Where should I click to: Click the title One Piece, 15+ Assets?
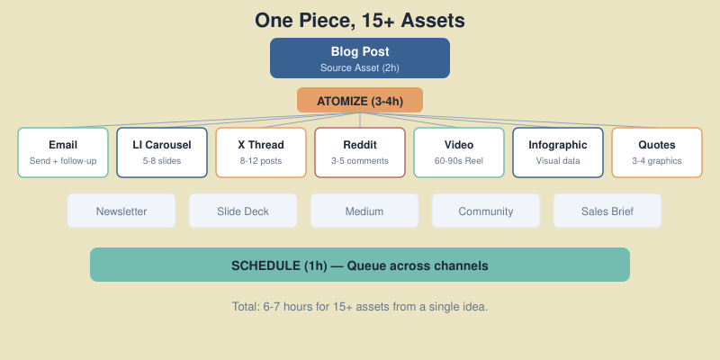click(x=360, y=20)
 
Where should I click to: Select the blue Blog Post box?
click(x=360, y=58)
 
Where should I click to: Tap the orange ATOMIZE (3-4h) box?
click(x=360, y=100)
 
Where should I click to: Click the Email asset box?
click(x=63, y=152)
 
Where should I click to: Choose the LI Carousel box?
click(x=162, y=152)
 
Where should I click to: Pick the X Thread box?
click(x=261, y=152)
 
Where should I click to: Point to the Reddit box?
click(x=360, y=152)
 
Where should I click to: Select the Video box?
click(x=459, y=152)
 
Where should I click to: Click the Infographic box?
click(x=558, y=152)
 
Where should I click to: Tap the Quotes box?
click(x=657, y=152)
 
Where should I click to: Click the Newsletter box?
click(x=121, y=211)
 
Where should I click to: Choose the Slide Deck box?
click(x=243, y=211)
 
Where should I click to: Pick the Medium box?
click(x=364, y=211)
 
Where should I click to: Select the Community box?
click(x=486, y=211)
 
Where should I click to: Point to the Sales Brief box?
click(x=607, y=211)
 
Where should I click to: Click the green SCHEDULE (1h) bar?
click(x=360, y=265)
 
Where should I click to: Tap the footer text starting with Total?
click(x=360, y=307)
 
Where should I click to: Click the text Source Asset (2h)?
click(x=360, y=67)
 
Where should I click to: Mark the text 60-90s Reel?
click(x=459, y=161)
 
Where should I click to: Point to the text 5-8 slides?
click(x=162, y=161)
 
